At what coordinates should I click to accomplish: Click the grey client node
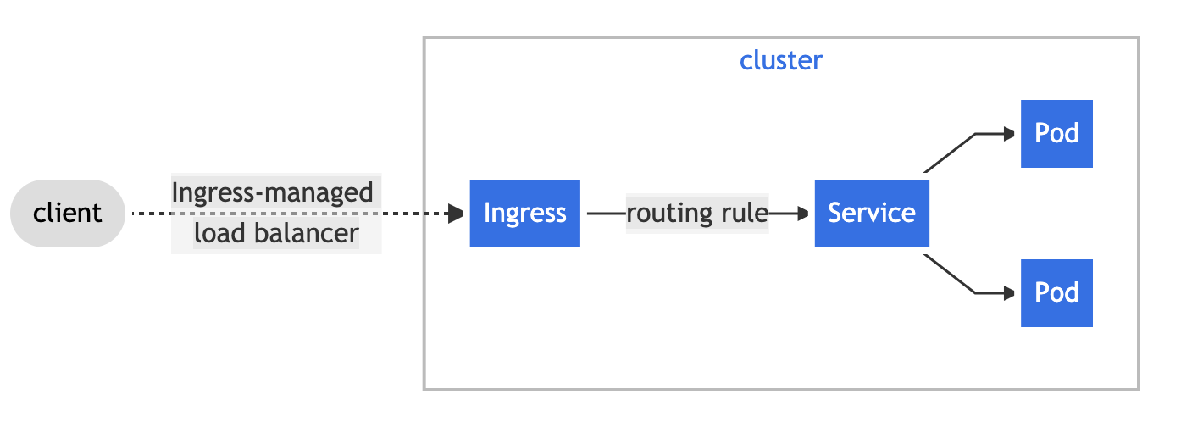tap(68, 214)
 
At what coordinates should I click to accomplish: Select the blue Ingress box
tap(524, 214)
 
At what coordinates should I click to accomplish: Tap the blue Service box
tap(872, 214)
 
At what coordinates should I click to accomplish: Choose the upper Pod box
tap(1056, 134)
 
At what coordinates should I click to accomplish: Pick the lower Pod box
tap(1056, 293)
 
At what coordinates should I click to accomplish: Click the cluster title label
tap(780, 61)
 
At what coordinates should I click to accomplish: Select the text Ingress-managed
tap(272, 193)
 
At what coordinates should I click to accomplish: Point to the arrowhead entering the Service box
tap(802, 214)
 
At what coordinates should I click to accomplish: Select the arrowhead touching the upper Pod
tap(1008, 134)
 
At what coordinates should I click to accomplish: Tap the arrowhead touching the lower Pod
tap(1008, 293)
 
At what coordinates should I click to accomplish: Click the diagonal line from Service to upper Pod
tap(950, 153)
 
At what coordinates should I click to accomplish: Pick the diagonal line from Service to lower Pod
tap(950, 274)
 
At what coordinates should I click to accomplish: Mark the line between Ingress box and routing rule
tap(605, 214)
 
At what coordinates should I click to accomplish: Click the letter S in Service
tap(835, 214)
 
